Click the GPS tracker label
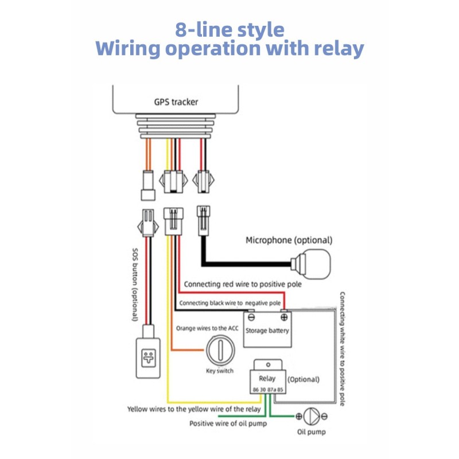point(176,102)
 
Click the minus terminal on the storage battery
point(251,316)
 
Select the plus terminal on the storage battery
point(283,316)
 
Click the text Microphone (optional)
point(289,240)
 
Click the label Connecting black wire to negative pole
point(229,303)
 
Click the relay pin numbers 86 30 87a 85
point(267,390)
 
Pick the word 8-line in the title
point(199,29)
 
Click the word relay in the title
point(338,49)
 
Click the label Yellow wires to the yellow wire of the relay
point(195,409)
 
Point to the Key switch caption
point(219,371)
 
